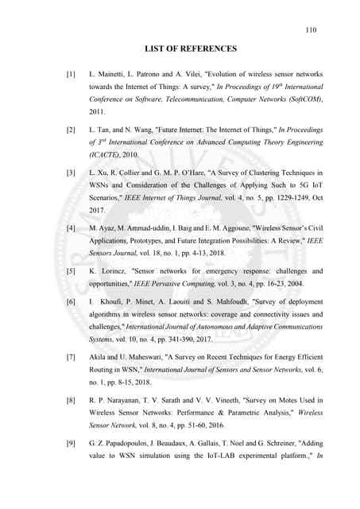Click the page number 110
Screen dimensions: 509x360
click(x=311, y=30)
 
